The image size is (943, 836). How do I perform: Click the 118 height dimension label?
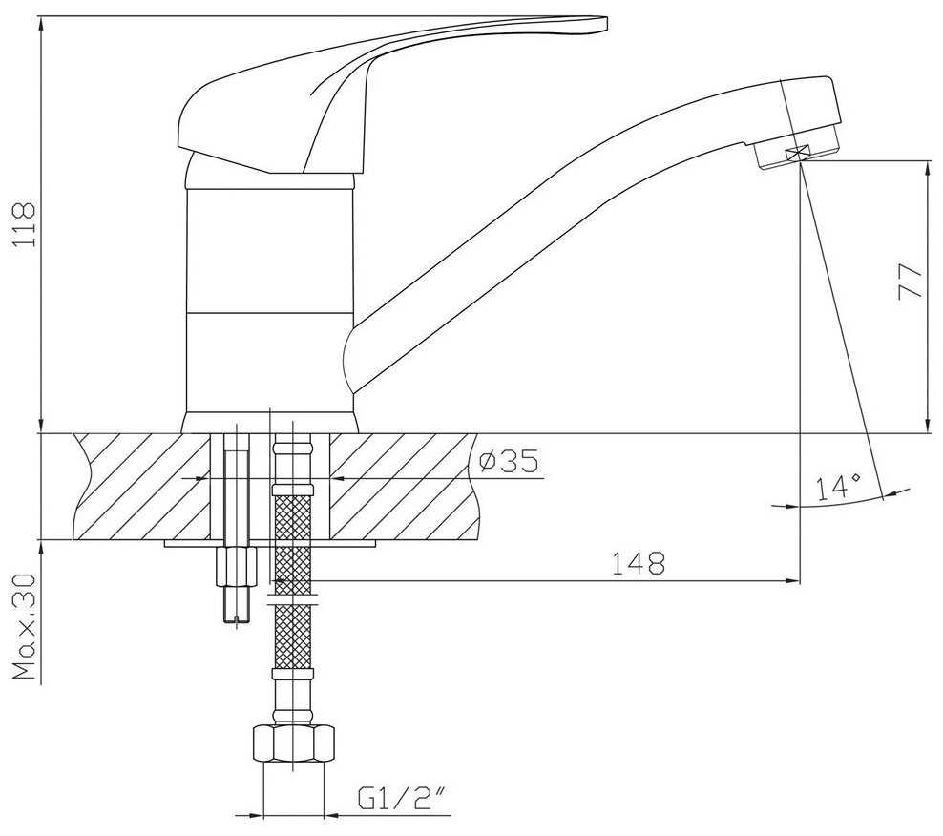pyautogui.click(x=25, y=224)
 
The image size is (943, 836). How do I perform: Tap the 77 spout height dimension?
pyautogui.click(x=910, y=282)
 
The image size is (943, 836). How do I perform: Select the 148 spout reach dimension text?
pyautogui.click(x=639, y=564)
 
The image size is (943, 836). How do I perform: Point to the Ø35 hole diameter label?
pyautogui.click(x=510, y=461)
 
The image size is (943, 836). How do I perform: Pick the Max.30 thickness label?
pyautogui.click(x=25, y=626)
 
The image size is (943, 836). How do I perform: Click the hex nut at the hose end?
pyautogui.click(x=293, y=745)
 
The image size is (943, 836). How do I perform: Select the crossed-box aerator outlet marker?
pyautogui.click(x=798, y=154)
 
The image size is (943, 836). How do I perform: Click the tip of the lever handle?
pyautogui.click(x=606, y=24)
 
